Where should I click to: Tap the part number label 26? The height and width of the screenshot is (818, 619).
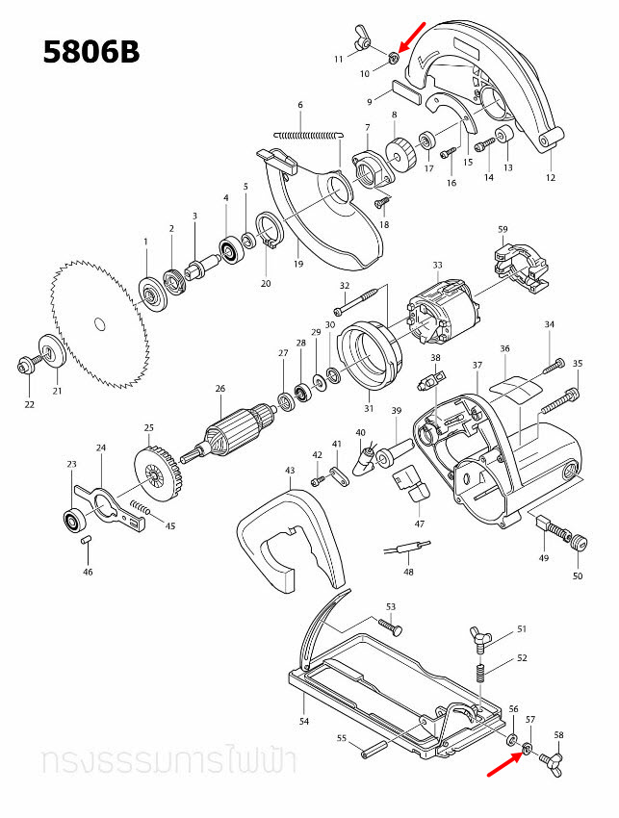[x=219, y=389]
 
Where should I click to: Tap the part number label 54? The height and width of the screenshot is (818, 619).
[x=304, y=720]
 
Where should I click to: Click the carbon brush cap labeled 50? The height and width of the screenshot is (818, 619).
[x=578, y=546]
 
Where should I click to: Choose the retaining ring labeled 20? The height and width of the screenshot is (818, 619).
[x=270, y=236]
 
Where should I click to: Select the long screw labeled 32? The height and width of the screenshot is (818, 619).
[x=363, y=301]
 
